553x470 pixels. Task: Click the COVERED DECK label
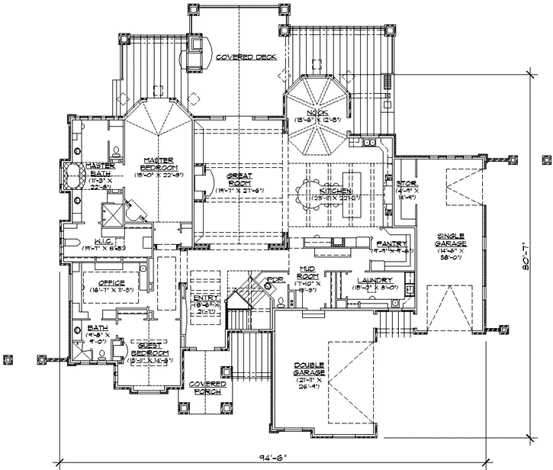[245, 57]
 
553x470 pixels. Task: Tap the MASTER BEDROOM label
[159, 163]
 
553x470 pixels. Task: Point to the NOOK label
[316, 114]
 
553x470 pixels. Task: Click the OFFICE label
[102, 283]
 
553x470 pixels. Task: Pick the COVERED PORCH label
[207, 387]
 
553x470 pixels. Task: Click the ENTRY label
[206, 298]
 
